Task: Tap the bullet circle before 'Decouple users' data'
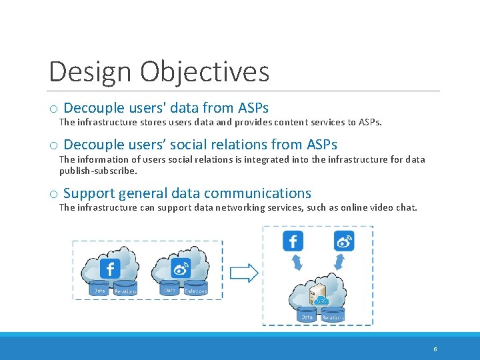[53, 109]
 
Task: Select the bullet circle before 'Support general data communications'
[53, 195]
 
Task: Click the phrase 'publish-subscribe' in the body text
[97, 171]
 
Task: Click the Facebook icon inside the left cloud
[110, 268]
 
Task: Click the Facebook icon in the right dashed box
[293, 241]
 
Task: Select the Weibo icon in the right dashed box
[344, 241]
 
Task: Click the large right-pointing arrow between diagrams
[244, 272]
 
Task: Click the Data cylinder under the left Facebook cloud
[99, 289]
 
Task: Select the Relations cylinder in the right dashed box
[333, 315]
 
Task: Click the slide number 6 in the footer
[435, 349]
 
